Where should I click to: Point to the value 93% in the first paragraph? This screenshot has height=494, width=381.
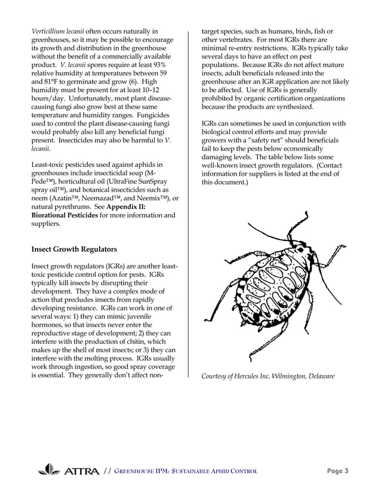click(161, 65)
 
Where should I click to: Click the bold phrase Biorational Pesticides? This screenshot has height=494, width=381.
click(63, 215)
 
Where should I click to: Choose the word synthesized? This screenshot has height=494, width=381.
click(291, 106)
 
